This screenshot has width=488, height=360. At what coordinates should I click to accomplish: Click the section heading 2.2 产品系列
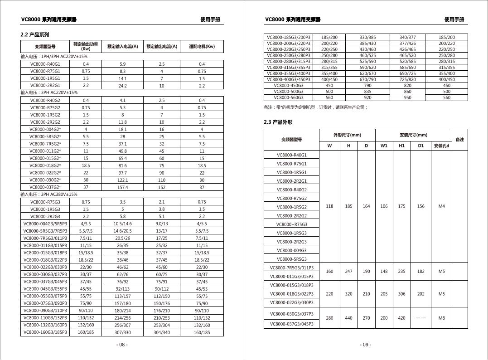coord(35,35)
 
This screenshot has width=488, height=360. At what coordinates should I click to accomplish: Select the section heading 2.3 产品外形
coord(278,122)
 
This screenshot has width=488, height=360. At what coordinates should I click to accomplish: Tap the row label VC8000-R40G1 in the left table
coord(45,64)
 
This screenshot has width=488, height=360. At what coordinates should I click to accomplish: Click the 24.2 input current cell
coord(122,86)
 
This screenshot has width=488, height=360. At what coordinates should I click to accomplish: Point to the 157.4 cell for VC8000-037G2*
coord(122,187)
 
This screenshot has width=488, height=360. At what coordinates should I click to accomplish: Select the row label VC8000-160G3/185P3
coord(45,332)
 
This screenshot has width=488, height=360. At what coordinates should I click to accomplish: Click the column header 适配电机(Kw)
coord(202,46)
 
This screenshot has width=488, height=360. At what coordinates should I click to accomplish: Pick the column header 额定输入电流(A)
coord(122,46)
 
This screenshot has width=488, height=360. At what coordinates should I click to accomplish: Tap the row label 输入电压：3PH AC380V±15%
coord(49,195)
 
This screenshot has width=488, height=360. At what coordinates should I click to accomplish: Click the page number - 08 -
coord(122,345)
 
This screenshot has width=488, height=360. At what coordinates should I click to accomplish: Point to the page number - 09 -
coord(366,345)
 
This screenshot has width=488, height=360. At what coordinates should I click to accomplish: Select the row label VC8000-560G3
coord(289,97)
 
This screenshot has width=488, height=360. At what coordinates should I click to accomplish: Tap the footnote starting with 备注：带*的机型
coord(316,107)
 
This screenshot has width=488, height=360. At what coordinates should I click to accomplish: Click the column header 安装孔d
coord(441,146)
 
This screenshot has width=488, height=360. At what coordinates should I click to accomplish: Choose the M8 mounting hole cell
coord(441,318)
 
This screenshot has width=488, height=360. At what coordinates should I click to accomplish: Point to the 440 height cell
coord(348,318)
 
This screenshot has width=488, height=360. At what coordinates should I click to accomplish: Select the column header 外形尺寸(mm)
coord(348,135)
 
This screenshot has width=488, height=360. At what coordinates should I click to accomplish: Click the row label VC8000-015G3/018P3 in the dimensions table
coord(291,285)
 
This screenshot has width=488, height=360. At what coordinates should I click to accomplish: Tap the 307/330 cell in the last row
coord(122,332)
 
